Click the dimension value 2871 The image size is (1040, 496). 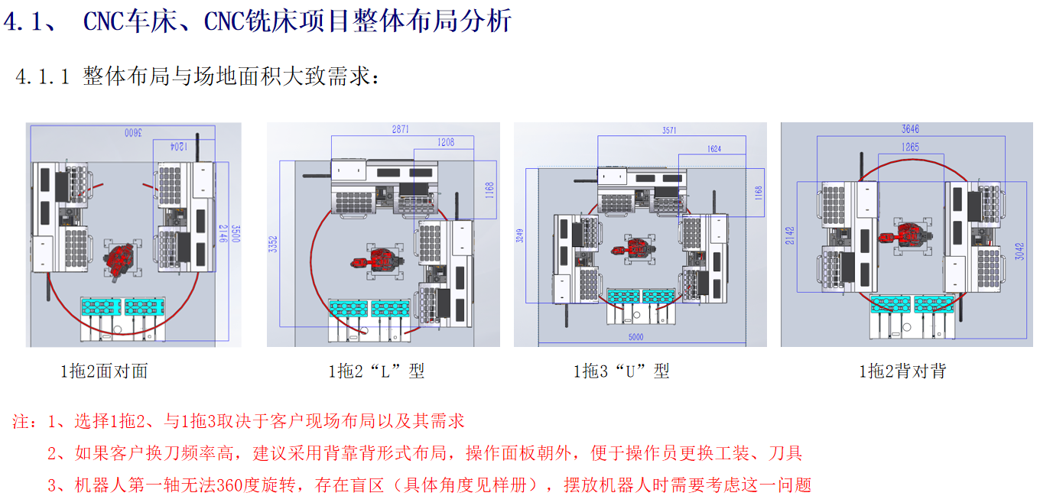[x=400, y=130]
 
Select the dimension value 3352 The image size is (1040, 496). [x=274, y=245]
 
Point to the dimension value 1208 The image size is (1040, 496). [x=446, y=142]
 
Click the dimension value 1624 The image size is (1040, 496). [x=713, y=149]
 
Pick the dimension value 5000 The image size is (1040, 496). [x=635, y=337]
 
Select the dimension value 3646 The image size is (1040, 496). [x=910, y=129]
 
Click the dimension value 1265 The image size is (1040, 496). [x=910, y=147]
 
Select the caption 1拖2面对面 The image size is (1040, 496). [x=104, y=372]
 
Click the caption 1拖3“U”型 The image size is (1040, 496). [x=622, y=372]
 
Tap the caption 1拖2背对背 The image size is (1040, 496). [x=903, y=372]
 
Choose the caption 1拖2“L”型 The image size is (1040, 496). [x=376, y=372]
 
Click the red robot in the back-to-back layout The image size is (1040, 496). [x=907, y=235]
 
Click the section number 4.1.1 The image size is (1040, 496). [x=43, y=77]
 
